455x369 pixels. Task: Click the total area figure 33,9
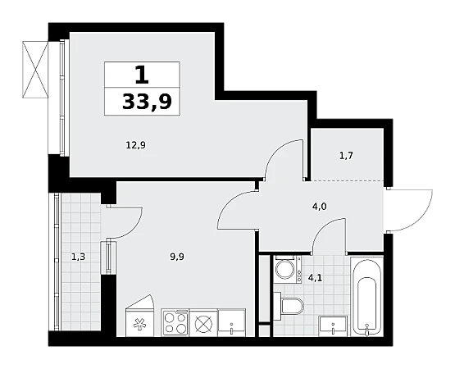coord(147,102)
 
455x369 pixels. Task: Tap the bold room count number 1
coord(142,75)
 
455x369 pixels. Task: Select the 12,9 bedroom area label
coord(136,144)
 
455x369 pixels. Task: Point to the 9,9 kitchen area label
coord(177,257)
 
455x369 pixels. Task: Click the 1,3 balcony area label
coord(78,257)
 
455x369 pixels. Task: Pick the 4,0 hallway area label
coord(320,207)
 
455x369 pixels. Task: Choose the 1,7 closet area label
coord(346,156)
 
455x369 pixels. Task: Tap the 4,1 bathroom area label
coord(315,278)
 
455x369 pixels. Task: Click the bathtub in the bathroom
coord(367,296)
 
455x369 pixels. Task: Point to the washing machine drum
coord(284,269)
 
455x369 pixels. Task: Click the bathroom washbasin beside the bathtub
coord(333,326)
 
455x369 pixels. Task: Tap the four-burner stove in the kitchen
coord(175,323)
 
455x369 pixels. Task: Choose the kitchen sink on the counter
coord(232,323)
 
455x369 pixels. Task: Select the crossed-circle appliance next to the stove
coord(203,323)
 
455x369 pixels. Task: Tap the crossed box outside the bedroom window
coord(35,70)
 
